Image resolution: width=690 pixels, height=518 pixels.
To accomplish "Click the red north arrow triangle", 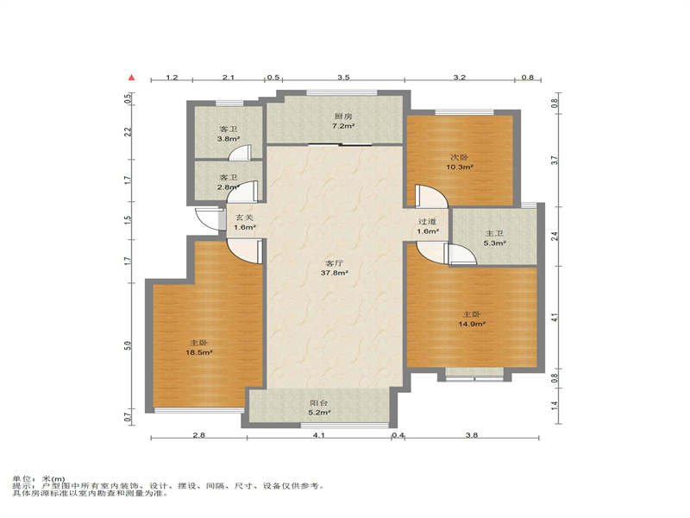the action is [x=132, y=78].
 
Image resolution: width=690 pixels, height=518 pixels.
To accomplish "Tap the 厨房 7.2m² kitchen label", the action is [x=343, y=121].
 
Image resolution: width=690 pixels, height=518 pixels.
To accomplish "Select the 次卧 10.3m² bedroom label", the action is [x=460, y=162].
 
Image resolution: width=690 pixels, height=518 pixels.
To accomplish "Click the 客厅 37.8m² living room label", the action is [x=335, y=268].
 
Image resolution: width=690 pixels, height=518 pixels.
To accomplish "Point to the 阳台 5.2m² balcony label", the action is [x=319, y=407].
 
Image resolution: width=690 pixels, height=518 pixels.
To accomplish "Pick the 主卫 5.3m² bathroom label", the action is [x=494, y=238].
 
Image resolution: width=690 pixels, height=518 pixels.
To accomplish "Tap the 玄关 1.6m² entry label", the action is [x=245, y=223].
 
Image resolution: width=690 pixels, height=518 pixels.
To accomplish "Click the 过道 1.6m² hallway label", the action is [x=428, y=226].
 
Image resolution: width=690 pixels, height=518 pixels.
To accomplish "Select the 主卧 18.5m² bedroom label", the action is [x=199, y=348].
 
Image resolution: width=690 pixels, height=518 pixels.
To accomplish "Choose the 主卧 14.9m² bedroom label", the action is [x=472, y=319].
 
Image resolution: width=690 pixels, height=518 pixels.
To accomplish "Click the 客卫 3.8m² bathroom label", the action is [x=229, y=134].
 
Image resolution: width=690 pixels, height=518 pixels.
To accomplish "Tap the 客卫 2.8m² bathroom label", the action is [x=229, y=182].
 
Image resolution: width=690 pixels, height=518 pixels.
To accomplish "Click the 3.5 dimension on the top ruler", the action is [x=343, y=78].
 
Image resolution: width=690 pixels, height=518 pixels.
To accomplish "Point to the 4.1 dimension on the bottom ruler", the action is [x=318, y=435].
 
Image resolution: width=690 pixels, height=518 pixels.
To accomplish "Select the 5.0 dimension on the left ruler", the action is [x=128, y=346].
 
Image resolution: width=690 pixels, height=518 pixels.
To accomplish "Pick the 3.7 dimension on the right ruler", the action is [x=555, y=161].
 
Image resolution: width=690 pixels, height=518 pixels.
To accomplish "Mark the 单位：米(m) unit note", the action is [x=38, y=479].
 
